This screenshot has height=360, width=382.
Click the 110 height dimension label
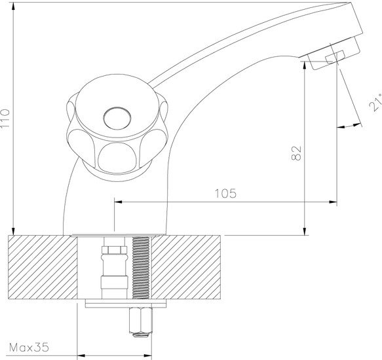pyautogui.click(x=5, y=118)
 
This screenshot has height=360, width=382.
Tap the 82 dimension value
pyautogui.click(x=296, y=153)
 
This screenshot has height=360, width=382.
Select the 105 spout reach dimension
pyautogui.click(x=225, y=193)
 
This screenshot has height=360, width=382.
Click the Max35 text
pyautogui.click(x=29, y=348)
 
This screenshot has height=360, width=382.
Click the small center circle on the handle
pyautogui.click(x=117, y=118)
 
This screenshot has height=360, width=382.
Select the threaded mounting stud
pyautogui.click(x=141, y=268)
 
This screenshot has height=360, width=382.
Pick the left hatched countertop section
pyautogui.click(x=43, y=267)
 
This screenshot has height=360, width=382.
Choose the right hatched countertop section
pyautogui.click(x=186, y=267)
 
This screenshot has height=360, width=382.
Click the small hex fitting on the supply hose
pyautogui.click(x=115, y=250)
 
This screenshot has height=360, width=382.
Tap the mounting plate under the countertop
pyautogui.click(x=126, y=303)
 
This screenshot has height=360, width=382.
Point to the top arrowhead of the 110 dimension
pyautogui.click(x=13, y=7)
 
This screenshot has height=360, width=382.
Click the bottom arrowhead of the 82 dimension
pyautogui.click(x=305, y=231)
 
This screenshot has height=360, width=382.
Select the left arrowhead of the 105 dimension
pyautogui.click(x=119, y=202)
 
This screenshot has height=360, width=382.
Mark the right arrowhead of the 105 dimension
pyautogui.click(x=333, y=202)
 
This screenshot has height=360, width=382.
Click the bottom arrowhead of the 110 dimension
pyautogui.click(x=13, y=231)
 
